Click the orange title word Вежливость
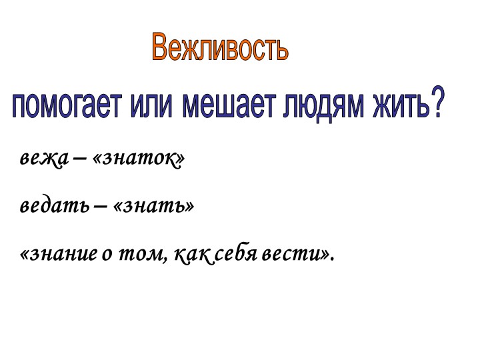point(220,48)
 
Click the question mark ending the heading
point(437,105)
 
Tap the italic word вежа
point(41,160)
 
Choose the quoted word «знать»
point(154,206)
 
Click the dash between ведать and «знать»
point(99,207)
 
